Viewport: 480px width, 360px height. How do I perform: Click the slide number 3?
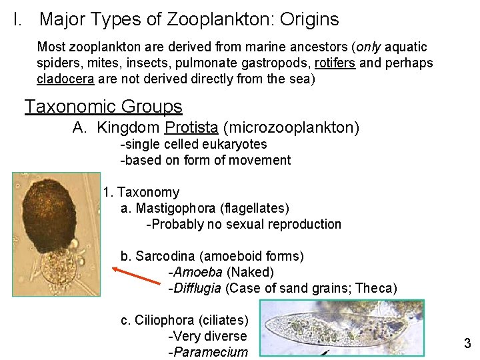coord(467,344)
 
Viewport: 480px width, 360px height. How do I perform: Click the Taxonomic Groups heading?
coord(103,107)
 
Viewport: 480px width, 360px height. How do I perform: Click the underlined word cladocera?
coord(65,79)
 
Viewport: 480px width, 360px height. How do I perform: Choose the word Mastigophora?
coord(175,209)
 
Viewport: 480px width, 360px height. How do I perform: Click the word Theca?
coord(376,289)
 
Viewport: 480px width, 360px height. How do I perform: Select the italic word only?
coord(371,47)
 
